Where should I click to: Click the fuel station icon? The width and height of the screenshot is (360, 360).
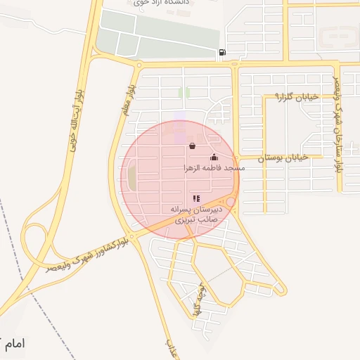point(223,52)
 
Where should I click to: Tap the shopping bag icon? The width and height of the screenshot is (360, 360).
point(192,146)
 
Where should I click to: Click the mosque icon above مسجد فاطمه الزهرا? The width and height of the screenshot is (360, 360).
point(214,157)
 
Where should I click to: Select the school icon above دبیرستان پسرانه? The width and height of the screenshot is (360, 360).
point(195,199)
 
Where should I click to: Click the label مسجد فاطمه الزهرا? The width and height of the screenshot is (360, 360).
point(213,168)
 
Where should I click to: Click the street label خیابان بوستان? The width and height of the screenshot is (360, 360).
point(283,159)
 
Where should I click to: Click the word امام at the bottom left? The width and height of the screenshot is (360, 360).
point(13,345)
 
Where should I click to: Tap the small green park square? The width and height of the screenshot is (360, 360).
point(184,92)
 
